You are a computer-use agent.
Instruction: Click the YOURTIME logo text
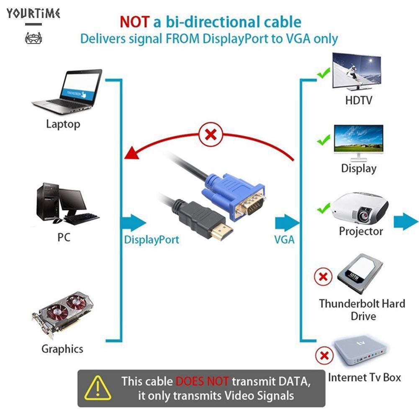[x=33, y=13]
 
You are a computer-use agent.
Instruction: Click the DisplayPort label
[x=151, y=240]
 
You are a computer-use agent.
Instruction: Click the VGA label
[x=284, y=240]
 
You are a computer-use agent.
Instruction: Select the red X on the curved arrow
[x=211, y=135]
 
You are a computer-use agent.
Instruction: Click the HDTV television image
[x=357, y=72]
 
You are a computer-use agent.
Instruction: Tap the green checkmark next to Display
[x=324, y=140]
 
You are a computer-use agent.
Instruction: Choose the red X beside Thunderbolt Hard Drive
[x=323, y=277]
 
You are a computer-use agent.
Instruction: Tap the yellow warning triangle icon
[x=98, y=387]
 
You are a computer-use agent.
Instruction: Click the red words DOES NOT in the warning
[x=202, y=381]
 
